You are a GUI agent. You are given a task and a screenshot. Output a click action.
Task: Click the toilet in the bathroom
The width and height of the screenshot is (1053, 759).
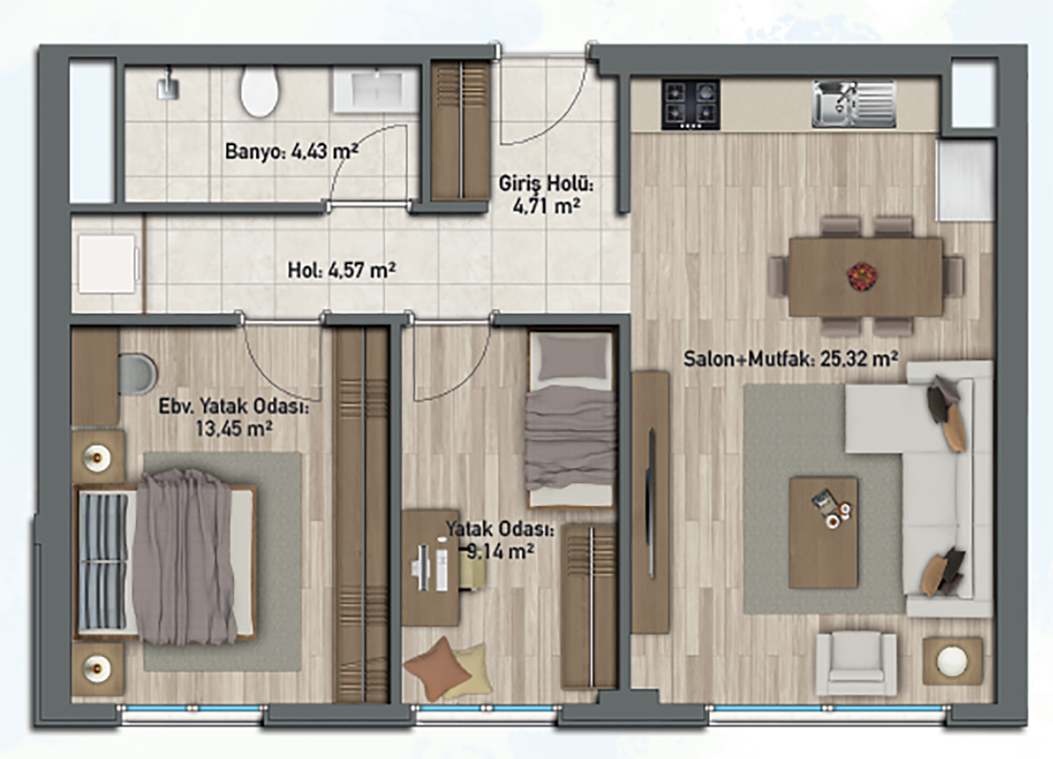259,92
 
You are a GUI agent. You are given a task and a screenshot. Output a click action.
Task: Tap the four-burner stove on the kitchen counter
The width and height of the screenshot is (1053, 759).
690,105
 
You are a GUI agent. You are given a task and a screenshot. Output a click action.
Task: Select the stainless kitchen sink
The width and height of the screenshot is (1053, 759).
854,104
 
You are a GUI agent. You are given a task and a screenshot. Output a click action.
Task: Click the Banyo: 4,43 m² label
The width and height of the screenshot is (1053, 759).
292,151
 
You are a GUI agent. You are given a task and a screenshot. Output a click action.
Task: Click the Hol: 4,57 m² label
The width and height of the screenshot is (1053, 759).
342,271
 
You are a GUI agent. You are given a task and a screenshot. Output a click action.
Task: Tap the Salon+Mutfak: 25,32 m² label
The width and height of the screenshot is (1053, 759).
790,359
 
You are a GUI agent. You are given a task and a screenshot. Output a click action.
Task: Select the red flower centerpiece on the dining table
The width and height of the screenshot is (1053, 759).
862,276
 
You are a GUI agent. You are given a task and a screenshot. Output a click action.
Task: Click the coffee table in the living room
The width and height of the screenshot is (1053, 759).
823,533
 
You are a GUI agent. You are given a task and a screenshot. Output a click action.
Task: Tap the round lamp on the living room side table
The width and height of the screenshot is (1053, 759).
952,661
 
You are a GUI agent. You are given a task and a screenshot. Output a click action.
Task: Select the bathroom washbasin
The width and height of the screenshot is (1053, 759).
376,92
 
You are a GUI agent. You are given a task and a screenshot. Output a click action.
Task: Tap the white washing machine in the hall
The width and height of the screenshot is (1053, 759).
108,264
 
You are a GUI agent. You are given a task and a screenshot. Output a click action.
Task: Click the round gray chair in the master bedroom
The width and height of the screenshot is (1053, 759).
137,375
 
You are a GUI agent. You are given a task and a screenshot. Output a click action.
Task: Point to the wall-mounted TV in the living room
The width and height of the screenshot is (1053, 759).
651,503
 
